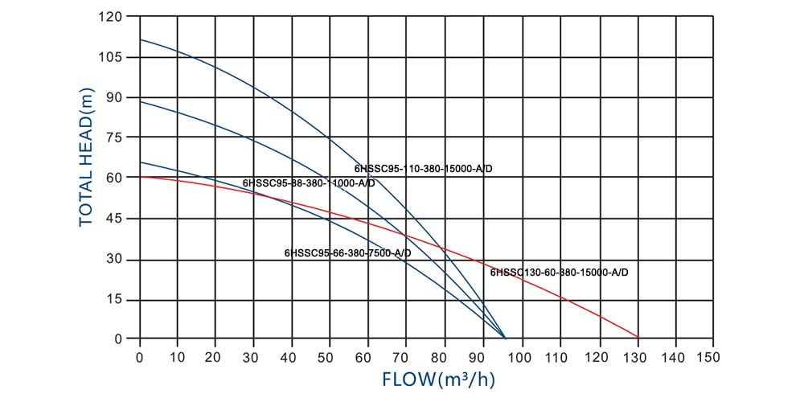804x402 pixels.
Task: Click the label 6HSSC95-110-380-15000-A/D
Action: tap(423, 169)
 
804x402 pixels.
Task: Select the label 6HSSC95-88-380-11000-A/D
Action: tap(309, 183)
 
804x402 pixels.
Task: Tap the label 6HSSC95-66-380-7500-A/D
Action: tap(348, 252)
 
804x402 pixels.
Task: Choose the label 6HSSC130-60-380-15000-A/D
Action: tap(559, 273)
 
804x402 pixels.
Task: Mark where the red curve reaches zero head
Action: tap(638, 338)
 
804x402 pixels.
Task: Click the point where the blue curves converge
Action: tap(506, 338)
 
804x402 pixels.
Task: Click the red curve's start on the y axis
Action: tap(141, 176)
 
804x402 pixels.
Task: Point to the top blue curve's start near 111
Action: tap(141, 39)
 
